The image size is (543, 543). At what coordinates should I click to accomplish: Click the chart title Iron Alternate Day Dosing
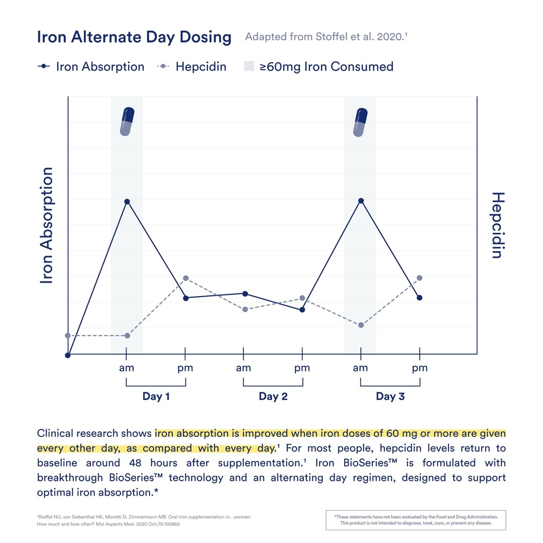coord(134,38)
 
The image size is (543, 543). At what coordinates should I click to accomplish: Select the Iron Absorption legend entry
coord(91,67)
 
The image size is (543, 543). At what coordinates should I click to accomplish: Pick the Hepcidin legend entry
coord(192,67)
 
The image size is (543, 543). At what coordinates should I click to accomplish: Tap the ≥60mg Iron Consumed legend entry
coord(319,67)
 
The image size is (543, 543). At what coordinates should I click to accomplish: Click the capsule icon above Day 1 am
coord(127,121)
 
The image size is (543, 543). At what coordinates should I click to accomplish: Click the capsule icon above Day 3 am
coord(361,122)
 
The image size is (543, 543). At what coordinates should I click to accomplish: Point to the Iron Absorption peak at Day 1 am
coord(127,202)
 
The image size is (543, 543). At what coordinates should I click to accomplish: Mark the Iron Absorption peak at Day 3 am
coord(361,200)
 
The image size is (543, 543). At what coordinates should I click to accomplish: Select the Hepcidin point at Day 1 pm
coord(185,278)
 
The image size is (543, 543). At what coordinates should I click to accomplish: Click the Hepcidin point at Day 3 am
coord(361,325)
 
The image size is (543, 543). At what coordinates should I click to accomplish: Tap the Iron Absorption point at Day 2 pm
coord(302,310)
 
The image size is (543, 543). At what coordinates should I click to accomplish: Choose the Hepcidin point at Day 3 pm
coord(419,278)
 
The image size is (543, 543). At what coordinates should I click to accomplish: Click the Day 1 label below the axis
coord(156,396)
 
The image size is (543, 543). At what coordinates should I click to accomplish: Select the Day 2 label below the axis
coord(273,396)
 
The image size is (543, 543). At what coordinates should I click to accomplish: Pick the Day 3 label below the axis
coord(390,396)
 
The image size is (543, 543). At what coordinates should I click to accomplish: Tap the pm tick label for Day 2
coord(302,367)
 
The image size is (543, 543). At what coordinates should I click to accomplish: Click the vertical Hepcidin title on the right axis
coord(496,225)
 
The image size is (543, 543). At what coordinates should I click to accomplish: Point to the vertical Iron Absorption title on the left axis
coord(47,225)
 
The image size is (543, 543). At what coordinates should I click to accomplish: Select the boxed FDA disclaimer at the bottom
coord(416,520)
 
